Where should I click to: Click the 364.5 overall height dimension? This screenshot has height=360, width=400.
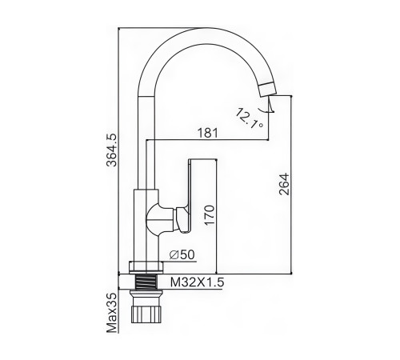click(111, 150)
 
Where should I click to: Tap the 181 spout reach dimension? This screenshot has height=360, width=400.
click(207, 133)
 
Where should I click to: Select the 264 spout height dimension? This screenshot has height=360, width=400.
click(284, 184)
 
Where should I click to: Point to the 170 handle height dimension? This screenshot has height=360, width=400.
click(210, 215)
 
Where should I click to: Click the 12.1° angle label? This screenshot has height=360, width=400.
click(249, 118)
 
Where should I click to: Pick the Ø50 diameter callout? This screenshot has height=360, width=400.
click(182, 255)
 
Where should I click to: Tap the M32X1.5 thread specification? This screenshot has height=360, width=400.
click(198, 282)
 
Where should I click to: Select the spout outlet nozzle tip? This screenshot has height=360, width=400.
click(267, 90)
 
